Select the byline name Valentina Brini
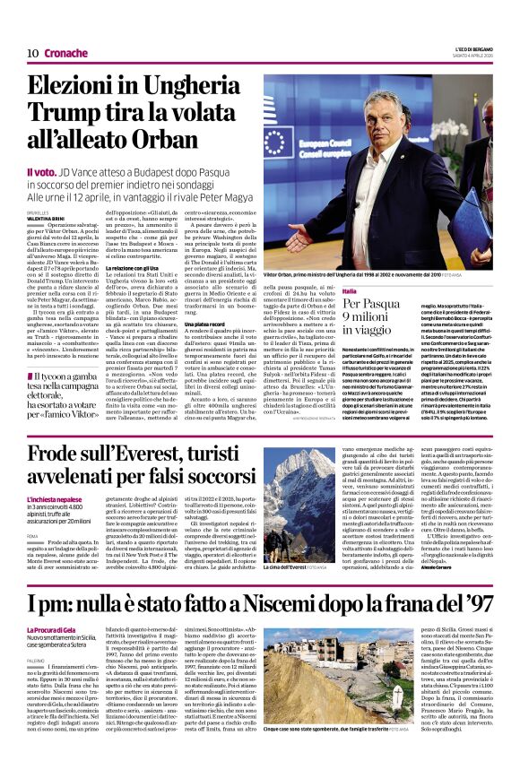tap(45, 217)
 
